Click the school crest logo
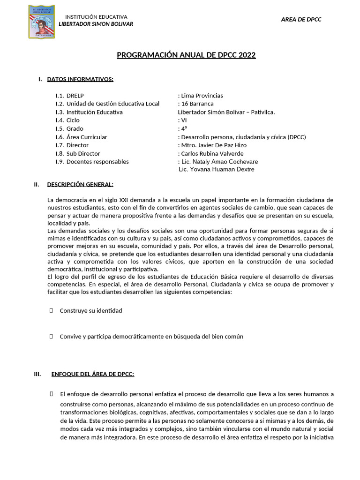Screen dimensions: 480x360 (x=41, y=22)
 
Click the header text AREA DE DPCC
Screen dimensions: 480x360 (x=301, y=19)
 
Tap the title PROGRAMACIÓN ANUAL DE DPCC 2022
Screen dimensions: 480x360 (x=186, y=55)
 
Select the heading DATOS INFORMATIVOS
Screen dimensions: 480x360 (x=80, y=79)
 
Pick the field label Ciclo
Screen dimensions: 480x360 (x=73, y=120)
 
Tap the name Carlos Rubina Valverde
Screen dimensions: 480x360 (x=212, y=154)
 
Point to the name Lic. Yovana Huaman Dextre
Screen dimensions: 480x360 (x=217, y=169)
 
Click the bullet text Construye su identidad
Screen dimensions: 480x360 (x=91, y=311)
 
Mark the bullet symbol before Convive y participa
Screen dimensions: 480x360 (x=51, y=336)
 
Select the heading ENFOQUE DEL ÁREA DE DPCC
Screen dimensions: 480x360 (x=92, y=374)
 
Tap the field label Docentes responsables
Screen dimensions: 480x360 (x=97, y=162)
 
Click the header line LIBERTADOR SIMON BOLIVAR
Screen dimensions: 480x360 (x=96, y=24)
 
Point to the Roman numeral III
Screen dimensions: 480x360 (x=38, y=374)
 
